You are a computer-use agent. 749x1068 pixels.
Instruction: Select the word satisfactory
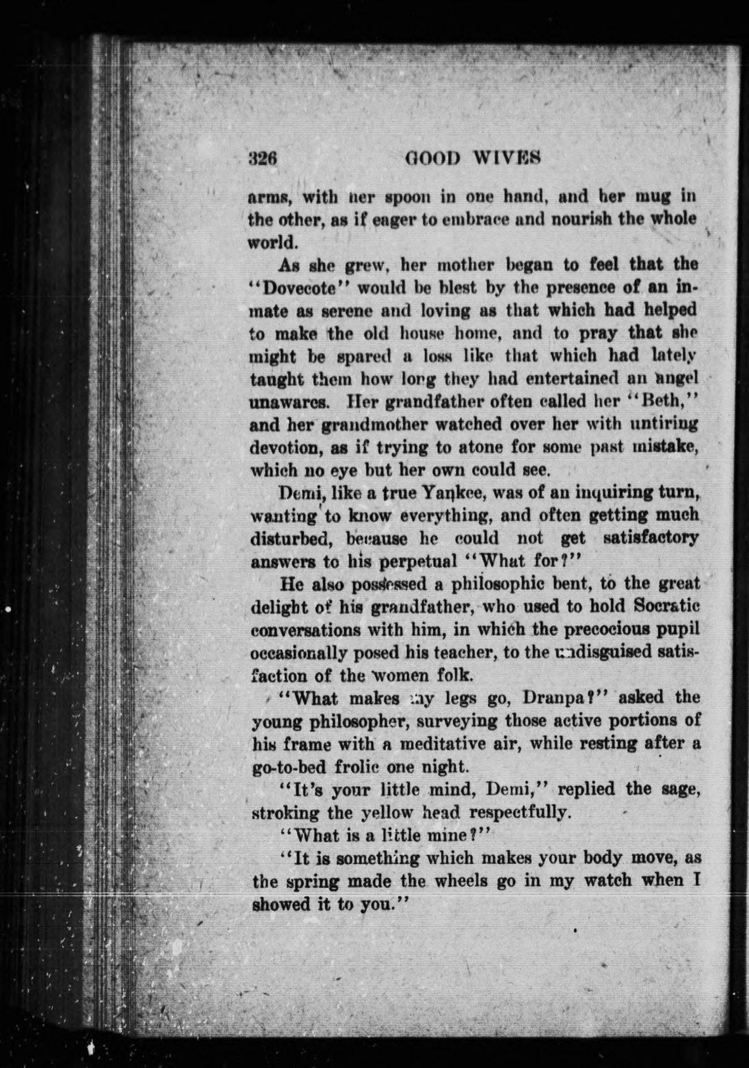651,538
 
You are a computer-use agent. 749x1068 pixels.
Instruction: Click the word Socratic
667,607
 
